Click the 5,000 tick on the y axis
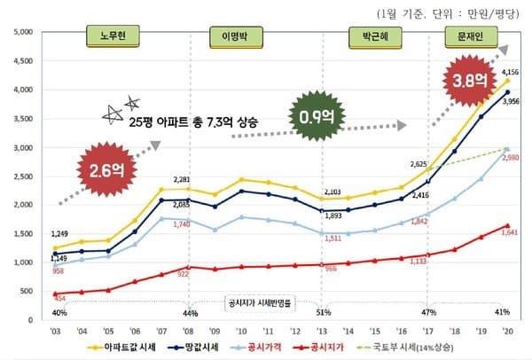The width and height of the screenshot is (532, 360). click(20, 32)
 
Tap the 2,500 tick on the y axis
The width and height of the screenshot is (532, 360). click(20, 176)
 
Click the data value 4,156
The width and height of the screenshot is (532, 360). click(510, 71)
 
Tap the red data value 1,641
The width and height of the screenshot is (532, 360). click(510, 234)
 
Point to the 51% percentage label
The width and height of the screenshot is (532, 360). click(323, 312)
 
